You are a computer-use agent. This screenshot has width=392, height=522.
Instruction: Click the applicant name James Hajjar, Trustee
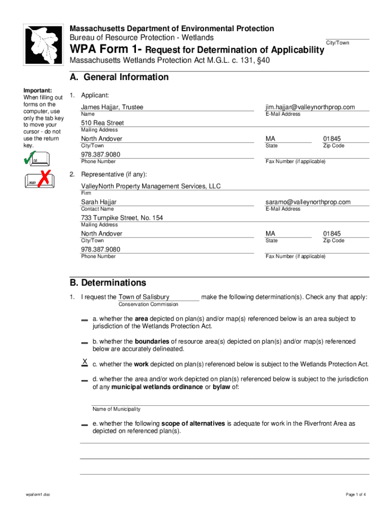click(x=112, y=107)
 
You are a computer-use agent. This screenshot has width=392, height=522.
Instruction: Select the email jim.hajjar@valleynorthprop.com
click(x=310, y=107)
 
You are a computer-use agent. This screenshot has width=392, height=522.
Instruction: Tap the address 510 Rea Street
click(x=102, y=123)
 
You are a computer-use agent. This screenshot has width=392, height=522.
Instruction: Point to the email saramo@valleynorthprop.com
click(x=307, y=202)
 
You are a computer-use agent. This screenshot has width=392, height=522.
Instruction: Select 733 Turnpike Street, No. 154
click(x=122, y=218)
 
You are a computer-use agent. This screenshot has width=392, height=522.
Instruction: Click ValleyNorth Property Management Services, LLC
click(x=151, y=186)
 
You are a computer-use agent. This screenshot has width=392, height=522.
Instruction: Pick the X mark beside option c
click(x=85, y=362)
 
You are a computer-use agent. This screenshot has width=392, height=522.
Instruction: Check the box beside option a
click(x=84, y=320)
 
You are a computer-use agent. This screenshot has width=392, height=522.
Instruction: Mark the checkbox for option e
click(x=84, y=425)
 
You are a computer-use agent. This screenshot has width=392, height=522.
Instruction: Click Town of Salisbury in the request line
click(x=144, y=297)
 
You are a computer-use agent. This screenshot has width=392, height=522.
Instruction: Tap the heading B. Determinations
click(x=108, y=282)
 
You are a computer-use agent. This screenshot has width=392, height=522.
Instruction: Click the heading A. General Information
click(x=119, y=77)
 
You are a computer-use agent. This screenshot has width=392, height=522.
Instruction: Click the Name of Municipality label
click(x=116, y=409)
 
